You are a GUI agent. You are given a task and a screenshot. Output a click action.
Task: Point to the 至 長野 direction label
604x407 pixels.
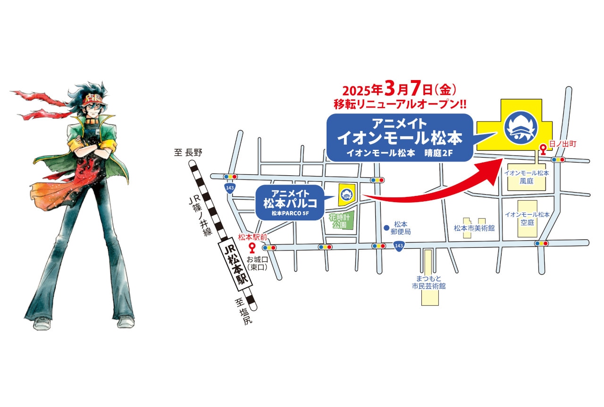(x=188, y=152)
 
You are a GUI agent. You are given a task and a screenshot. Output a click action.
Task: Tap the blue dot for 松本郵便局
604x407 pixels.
(x=386, y=228)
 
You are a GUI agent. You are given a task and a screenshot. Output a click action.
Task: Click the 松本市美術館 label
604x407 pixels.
(x=474, y=228)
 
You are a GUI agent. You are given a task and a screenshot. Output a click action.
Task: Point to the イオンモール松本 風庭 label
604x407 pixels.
(x=527, y=177)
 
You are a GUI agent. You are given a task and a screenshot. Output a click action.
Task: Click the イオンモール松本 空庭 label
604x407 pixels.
(x=527, y=218)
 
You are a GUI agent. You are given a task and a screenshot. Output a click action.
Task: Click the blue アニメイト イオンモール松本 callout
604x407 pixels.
(x=400, y=137)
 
